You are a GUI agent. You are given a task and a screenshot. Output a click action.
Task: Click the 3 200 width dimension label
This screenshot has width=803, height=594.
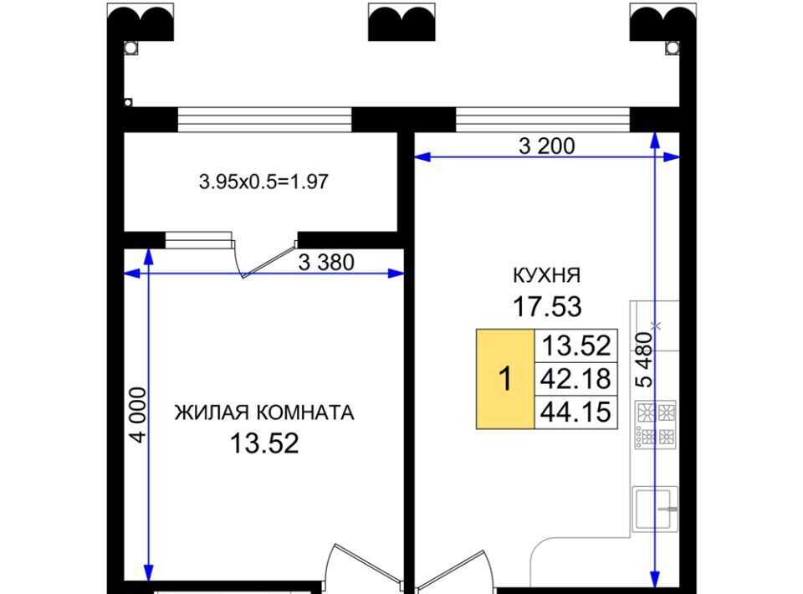[546, 146]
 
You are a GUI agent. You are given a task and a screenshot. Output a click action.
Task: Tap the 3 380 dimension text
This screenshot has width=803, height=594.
[326, 263]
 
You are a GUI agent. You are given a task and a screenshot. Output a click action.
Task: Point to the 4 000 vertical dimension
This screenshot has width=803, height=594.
[138, 414]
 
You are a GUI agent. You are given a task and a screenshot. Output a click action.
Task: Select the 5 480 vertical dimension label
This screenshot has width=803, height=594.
[644, 359]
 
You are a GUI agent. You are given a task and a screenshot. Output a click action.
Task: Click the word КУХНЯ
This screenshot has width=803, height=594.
[547, 275]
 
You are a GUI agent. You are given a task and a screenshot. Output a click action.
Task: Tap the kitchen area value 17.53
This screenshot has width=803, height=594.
[547, 306]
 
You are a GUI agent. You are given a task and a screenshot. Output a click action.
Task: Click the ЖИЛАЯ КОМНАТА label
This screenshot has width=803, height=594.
[264, 412]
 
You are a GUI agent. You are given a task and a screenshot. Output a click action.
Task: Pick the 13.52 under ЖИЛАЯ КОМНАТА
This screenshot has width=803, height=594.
[264, 443]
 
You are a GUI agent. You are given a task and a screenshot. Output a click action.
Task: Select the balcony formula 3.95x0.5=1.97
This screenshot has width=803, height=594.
[263, 182]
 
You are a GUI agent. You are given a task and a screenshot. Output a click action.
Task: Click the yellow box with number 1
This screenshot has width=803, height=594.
[505, 379]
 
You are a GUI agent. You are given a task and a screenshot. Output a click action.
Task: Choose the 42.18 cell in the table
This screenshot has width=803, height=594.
[576, 379]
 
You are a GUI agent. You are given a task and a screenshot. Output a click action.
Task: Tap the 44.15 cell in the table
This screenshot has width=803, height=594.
[576, 412]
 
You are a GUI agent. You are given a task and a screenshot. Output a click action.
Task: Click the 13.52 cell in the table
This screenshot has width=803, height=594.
[576, 346]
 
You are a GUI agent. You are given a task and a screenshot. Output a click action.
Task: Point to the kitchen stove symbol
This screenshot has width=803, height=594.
[656, 424]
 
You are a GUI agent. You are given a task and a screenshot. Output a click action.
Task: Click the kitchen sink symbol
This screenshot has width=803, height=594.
[656, 509]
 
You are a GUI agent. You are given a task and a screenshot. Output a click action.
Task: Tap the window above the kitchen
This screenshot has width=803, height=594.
[542, 119]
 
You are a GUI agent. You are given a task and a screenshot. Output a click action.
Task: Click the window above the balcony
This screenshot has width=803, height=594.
[265, 119]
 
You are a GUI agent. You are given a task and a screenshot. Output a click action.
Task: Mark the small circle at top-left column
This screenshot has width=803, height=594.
[130, 48]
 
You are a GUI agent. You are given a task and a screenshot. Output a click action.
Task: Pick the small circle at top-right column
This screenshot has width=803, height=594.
[673, 48]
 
